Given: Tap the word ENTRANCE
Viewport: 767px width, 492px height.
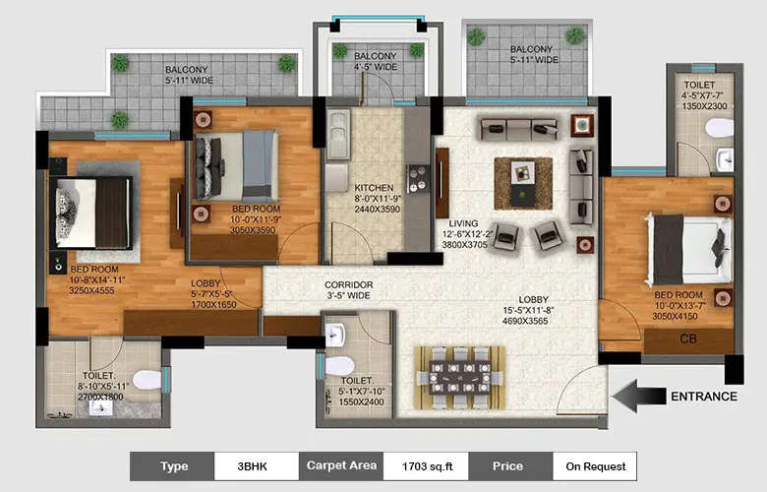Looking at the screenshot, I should (x=703, y=397).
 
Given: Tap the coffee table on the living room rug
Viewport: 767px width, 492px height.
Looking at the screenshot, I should (x=522, y=182).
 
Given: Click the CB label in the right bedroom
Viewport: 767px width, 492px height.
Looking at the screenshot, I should (x=689, y=339).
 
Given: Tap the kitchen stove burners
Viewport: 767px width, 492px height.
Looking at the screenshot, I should (x=418, y=178).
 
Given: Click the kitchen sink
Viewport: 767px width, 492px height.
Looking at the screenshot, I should (x=337, y=134).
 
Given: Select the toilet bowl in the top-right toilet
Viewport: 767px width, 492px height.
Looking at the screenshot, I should (x=720, y=127).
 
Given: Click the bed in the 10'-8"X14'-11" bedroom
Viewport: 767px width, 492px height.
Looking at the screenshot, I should (x=91, y=212).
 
